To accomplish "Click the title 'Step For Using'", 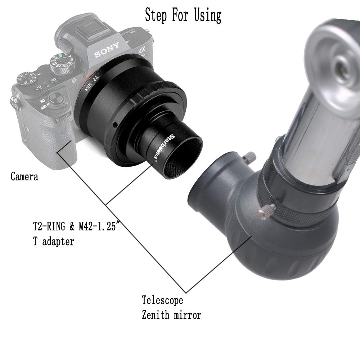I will point(183,15).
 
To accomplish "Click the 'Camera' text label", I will point(24,177).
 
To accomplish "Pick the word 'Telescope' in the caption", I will point(162,300).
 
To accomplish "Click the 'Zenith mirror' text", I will point(171,315).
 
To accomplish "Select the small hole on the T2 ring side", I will point(114,125).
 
